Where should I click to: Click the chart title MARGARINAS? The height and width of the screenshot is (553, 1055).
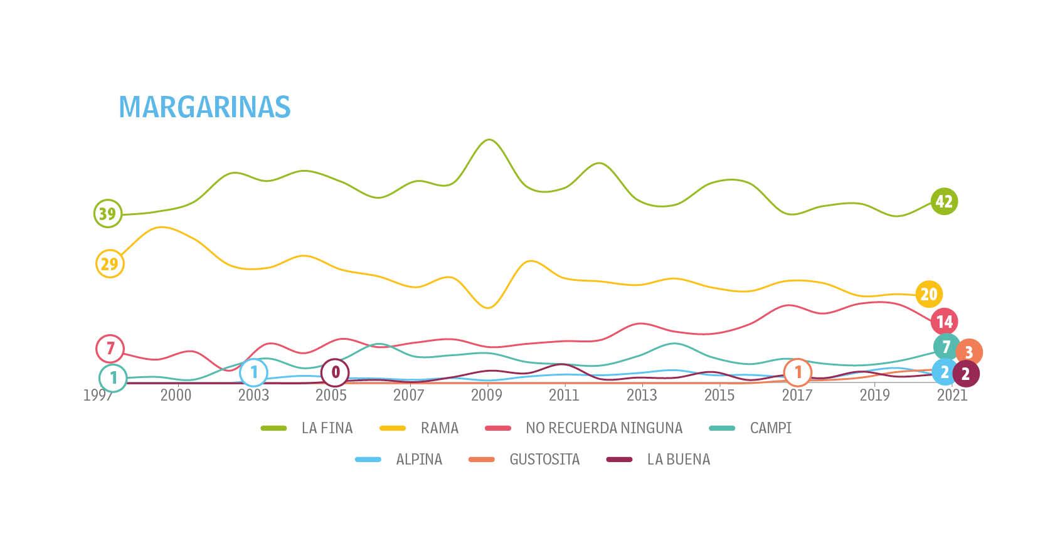pyautogui.click(x=204, y=107)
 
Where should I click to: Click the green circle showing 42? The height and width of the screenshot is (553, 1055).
pyautogui.click(x=943, y=201)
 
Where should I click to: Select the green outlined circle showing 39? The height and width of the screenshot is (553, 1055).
pyautogui.click(x=107, y=214)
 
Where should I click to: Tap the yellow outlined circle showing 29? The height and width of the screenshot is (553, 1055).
pyautogui.click(x=110, y=263)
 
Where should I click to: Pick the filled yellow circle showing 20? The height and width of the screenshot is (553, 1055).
pyautogui.click(x=928, y=293)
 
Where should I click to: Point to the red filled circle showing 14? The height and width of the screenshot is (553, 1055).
pyautogui.click(x=944, y=322)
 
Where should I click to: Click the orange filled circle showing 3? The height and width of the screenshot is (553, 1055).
pyautogui.click(x=969, y=352)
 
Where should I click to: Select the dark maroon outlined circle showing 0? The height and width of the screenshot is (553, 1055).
pyautogui.click(x=335, y=372)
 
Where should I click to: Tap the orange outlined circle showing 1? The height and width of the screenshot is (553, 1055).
pyautogui.click(x=798, y=372)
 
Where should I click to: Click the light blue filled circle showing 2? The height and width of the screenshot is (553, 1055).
pyautogui.click(x=945, y=372)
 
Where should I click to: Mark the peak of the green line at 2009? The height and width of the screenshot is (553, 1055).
pyautogui.click(x=489, y=140)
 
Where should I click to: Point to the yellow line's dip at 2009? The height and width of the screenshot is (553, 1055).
pyautogui.click(x=489, y=307)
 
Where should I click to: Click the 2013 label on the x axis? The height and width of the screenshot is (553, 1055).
pyautogui.click(x=641, y=395)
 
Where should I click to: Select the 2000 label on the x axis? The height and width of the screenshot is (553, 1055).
pyautogui.click(x=176, y=395)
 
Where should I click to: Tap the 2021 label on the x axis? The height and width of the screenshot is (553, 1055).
pyautogui.click(x=952, y=395)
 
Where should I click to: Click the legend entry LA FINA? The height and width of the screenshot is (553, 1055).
pyautogui.click(x=327, y=428)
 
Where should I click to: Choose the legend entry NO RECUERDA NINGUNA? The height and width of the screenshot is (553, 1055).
pyautogui.click(x=603, y=428)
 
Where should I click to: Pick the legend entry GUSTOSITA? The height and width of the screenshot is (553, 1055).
pyautogui.click(x=544, y=460)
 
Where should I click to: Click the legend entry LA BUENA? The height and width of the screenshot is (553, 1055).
pyautogui.click(x=678, y=460)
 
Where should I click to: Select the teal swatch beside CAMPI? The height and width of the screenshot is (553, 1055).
pyautogui.click(x=721, y=428)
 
